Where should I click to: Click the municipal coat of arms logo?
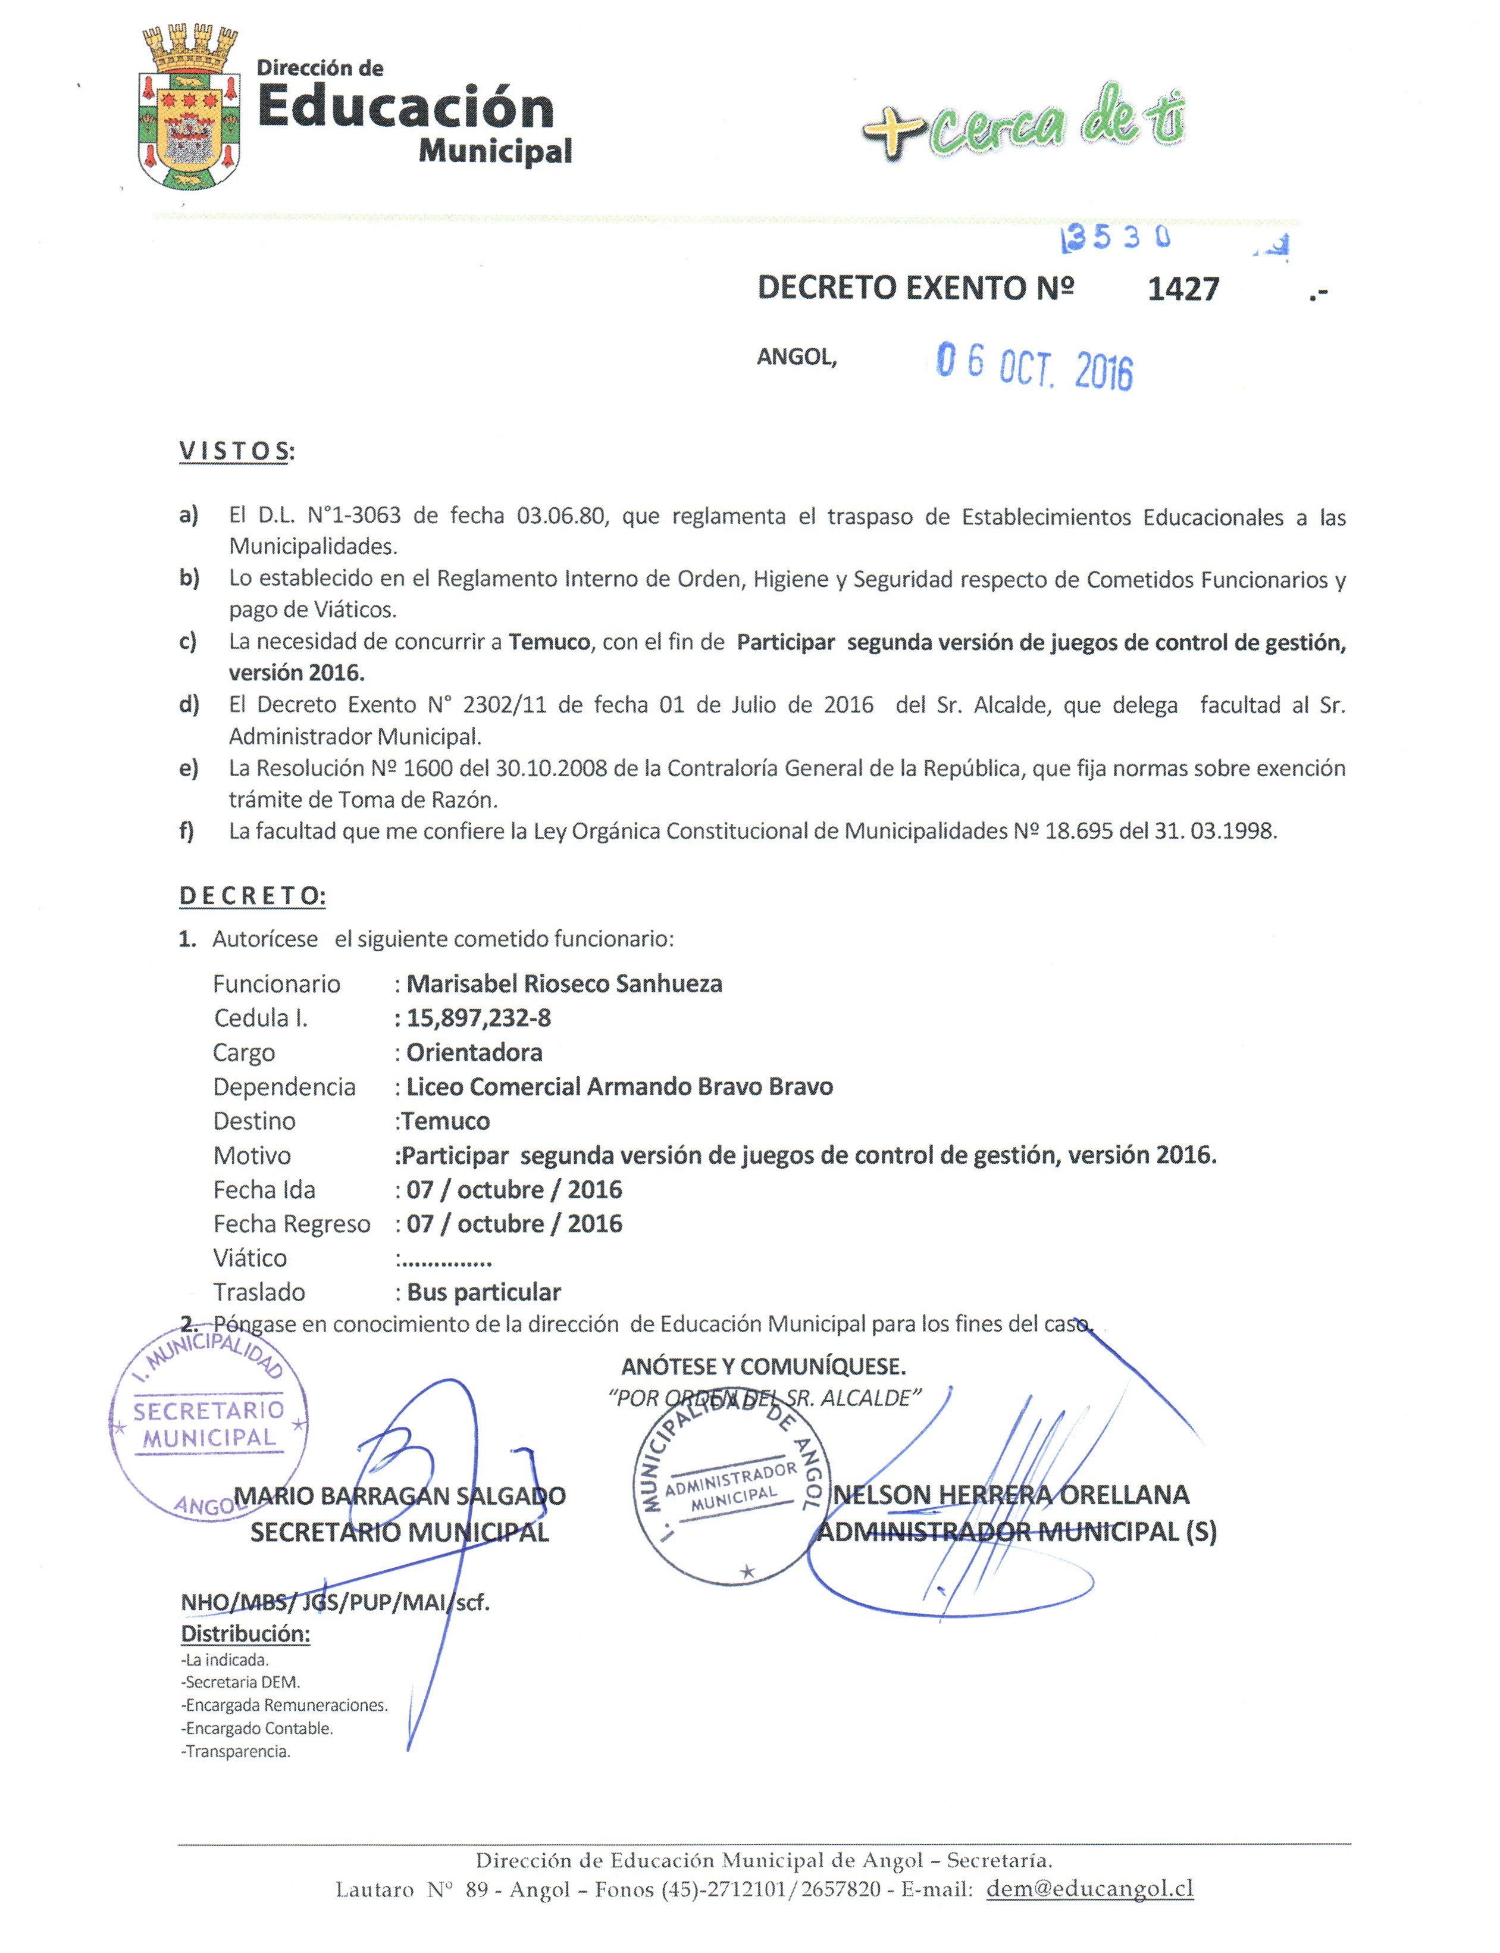point(189,108)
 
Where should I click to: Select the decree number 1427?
point(1183,289)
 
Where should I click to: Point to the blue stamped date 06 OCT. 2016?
point(1034,366)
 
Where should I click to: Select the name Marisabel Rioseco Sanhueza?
point(564,984)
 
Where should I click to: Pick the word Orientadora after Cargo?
point(474,1053)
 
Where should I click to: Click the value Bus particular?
point(484,1292)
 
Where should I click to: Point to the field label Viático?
point(250,1258)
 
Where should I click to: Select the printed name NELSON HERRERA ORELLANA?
point(1011,1495)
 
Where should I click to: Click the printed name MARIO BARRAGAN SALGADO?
point(400,1496)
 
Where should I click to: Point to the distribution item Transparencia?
point(237,1751)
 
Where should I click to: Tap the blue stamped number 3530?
point(1116,239)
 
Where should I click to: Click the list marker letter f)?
point(187,832)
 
